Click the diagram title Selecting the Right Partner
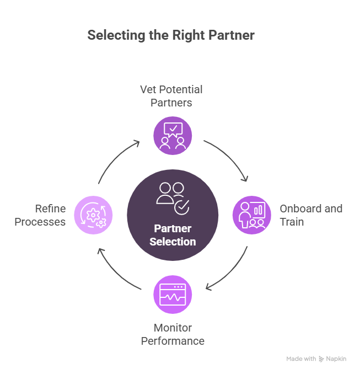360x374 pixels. click(x=171, y=35)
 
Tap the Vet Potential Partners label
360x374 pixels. click(x=171, y=95)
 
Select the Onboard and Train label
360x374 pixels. click(x=310, y=215)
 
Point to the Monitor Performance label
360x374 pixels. click(x=173, y=334)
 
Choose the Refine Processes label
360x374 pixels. click(x=40, y=215)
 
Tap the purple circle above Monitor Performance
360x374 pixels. click(x=173, y=295)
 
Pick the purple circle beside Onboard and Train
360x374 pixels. click(x=251, y=215)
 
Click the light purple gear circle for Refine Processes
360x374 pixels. click(x=93, y=215)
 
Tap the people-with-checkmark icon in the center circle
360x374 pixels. click(x=173, y=197)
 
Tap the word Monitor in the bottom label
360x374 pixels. click(x=173, y=328)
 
